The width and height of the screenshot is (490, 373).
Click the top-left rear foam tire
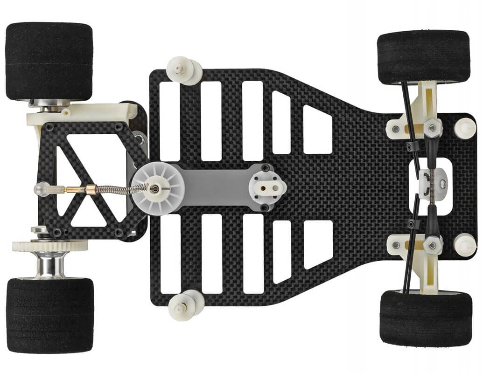coord(49,61)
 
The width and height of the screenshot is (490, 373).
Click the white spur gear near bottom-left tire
coord(49,246)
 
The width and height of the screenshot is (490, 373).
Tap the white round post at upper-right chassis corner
coord(465,128)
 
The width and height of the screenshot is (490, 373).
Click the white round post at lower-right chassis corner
coord(465,244)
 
